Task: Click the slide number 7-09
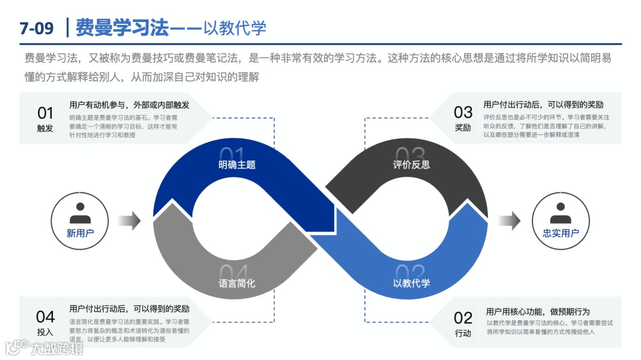[x=36, y=27]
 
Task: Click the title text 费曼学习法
[x=122, y=27]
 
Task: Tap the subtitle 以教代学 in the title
[x=235, y=27]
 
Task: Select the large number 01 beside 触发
[x=45, y=113]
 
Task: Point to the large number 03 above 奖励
[x=463, y=112]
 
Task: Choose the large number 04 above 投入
[x=45, y=316]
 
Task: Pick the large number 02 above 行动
[x=463, y=317]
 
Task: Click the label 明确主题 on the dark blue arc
[x=237, y=164]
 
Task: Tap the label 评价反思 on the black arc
[x=411, y=164]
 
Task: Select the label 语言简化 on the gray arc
[x=237, y=283]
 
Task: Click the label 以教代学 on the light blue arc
[x=411, y=283]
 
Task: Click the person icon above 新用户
[x=80, y=213]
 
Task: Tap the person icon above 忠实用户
[x=560, y=213]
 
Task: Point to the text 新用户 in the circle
[x=80, y=233]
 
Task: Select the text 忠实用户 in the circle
[x=560, y=233]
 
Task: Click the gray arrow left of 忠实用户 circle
[x=509, y=221]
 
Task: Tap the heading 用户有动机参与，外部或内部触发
[x=129, y=104]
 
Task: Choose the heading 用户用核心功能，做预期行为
[x=538, y=311]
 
